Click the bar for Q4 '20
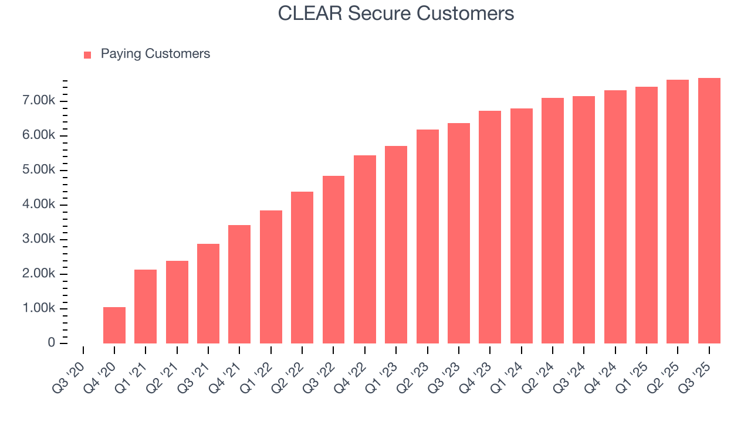click(114, 325)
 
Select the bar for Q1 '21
click(146, 307)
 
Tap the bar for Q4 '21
click(239, 284)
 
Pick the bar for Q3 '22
click(333, 260)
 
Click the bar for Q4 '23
click(490, 227)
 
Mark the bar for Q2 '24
click(553, 220)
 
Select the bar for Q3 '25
click(709, 210)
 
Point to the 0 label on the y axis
click(51, 343)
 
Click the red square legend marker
click(87, 55)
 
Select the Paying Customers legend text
click(155, 54)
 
